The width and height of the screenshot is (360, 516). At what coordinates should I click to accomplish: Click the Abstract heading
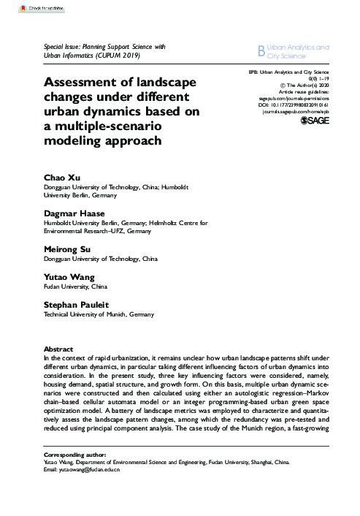61,350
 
